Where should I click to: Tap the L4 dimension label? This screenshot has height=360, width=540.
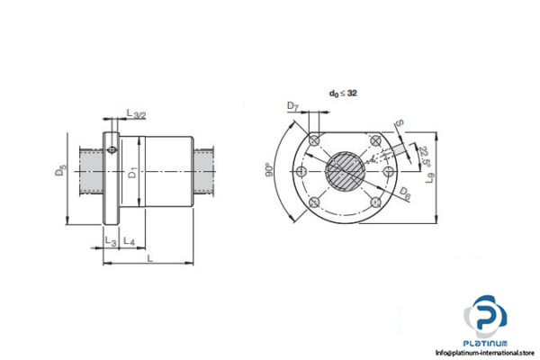click(129, 241)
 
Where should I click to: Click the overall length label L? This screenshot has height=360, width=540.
click(148, 258)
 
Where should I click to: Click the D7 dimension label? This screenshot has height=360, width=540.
click(293, 109)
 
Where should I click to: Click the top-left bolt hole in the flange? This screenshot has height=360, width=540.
click(313, 141)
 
